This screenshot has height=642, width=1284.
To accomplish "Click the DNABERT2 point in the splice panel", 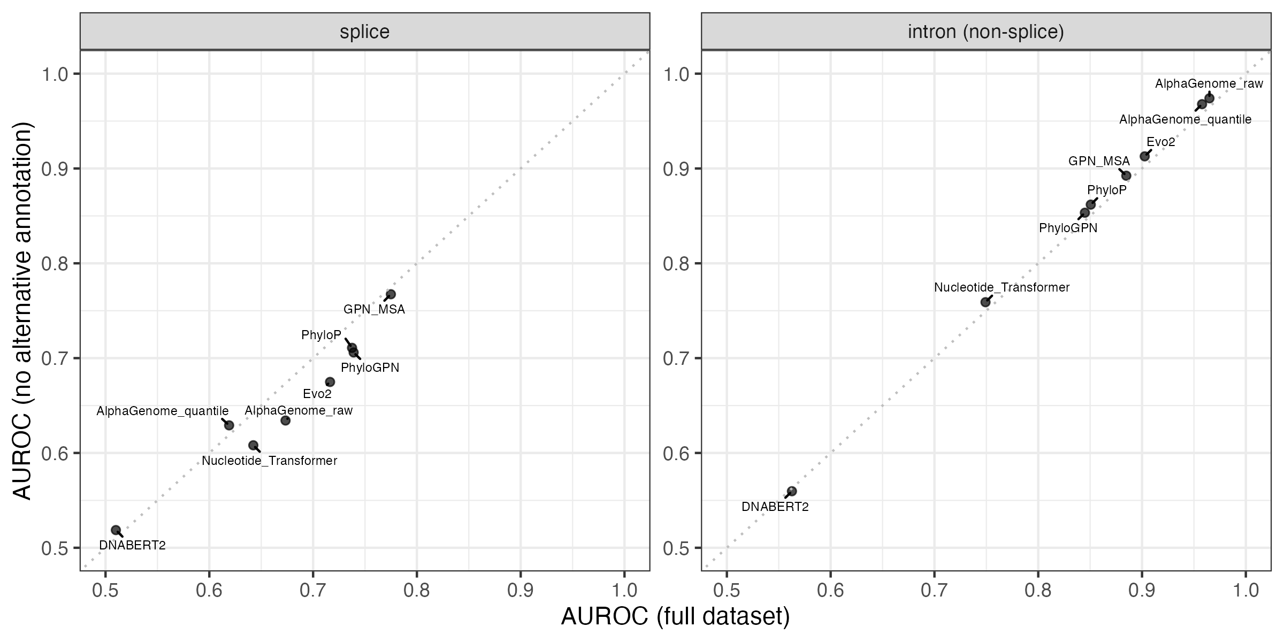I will coord(116,530).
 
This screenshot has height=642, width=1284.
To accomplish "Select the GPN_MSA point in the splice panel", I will coord(391,294).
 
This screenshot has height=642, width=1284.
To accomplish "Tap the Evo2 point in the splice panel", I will coord(330,382).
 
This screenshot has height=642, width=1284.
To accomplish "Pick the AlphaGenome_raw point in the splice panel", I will coord(286,421).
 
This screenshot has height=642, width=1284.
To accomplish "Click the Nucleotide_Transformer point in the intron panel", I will coord(985,302).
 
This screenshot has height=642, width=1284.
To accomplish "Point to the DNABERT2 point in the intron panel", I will coord(792,491).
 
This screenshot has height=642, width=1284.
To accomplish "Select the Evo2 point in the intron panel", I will coord(1145,156).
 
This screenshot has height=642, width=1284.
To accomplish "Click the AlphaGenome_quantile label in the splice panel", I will coord(163,411).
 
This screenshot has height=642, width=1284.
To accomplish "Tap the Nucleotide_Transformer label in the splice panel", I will coord(270,461).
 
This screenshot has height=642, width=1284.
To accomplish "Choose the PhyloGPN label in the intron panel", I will coord(1068,228).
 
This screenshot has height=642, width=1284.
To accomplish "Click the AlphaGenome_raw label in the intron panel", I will coord(1209,84).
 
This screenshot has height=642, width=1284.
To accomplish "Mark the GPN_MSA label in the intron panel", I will coord(1099,161).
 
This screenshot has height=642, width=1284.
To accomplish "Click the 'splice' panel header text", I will coord(365,32).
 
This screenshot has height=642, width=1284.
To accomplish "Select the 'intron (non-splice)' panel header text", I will coord(986,32).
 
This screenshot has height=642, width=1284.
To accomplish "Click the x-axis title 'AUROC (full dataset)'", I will coord(675,617).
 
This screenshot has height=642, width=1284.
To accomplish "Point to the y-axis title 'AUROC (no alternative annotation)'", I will coord(22,310).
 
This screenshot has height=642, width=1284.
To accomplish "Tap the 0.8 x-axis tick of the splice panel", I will coord(417,591).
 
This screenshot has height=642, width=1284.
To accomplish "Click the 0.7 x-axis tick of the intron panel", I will coord(934,591).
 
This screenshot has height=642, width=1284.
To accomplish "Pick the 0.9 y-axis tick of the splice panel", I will coord(55,169).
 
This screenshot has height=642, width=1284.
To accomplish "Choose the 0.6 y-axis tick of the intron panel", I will coord(676,454).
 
